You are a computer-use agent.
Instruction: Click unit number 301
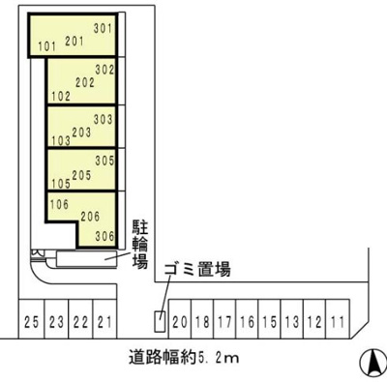coord(104,29)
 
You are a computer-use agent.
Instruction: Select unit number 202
coord(84,82)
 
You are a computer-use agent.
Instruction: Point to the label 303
coord(104,120)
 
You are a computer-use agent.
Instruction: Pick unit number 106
coord(58,204)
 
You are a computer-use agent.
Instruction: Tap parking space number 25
coord(32,320)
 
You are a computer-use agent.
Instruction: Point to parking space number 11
coord(337,320)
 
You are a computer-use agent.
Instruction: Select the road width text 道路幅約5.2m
coord(184,356)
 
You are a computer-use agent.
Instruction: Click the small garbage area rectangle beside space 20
coord(160,320)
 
